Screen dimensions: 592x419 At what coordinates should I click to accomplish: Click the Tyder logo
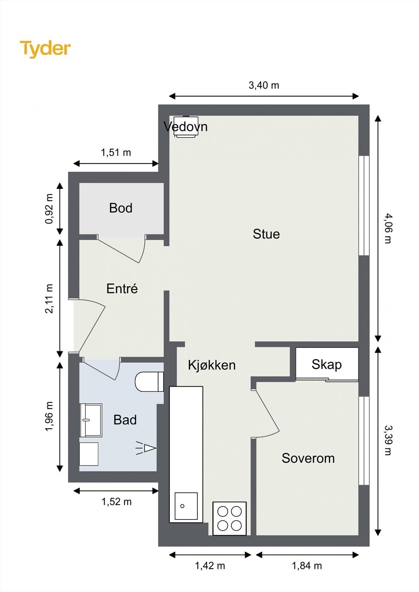(45, 48)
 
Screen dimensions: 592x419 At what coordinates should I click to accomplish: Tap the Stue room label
(266, 234)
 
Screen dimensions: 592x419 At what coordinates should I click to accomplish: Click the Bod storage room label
(120, 208)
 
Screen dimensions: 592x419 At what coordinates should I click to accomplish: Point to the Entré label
(122, 289)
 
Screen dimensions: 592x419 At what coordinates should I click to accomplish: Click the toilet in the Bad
(149, 381)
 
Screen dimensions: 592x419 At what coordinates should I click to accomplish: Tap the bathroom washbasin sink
(91, 420)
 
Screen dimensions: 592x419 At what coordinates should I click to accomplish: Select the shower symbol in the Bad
(146, 448)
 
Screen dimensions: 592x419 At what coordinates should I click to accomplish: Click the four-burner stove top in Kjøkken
(229, 518)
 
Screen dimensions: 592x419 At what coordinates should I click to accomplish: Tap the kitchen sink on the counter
(186, 506)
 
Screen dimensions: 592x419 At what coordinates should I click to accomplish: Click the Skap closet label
(326, 364)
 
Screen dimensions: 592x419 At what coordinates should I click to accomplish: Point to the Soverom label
(308, 458)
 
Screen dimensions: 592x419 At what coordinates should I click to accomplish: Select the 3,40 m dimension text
(263, 85)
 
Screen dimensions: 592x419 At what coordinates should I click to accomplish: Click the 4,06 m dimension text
(388, 228)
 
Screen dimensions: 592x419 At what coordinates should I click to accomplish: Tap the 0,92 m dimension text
(49, 209)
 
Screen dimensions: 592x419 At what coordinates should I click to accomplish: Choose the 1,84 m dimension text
(307, 566)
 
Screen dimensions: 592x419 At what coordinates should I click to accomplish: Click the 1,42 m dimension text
(210, 566)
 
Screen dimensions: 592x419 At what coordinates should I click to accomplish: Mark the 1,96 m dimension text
(49, 416)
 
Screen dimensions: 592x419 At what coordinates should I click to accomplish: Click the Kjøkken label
(212, 365)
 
